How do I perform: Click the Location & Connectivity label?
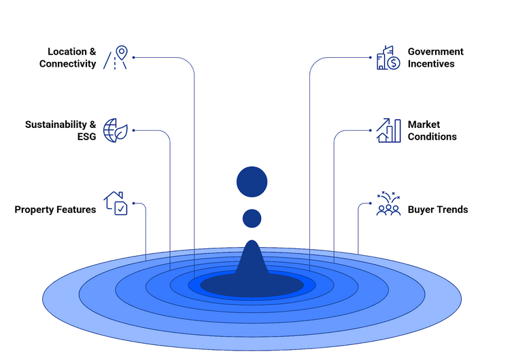pyautogui.click(x=68, y=58)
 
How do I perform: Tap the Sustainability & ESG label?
pyautogui.click(x=61, y=131)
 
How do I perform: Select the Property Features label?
pyautogui.click(x=55, y=210)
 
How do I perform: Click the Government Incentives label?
pyautogui.click(x=435, y=58)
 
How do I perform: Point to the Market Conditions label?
pyautogui.click(x=432, y=131)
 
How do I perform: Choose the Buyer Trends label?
pyautogui.click(x=437, y=210)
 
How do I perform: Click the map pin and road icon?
pyautogui.click(x=116, y=58)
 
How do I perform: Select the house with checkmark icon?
pyautogui.click(x=115, y=203)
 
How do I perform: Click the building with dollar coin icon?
pyautogui.click(x=388, y=58)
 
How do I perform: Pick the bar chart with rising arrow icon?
pyautogui.click(x=388, y=130)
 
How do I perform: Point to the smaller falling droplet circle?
pyautogui.click(x=252, y=218)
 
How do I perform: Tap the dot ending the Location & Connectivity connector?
pyautogui.click(x=134, y=57)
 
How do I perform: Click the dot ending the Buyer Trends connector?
pyautogui.click(x=371, y=203)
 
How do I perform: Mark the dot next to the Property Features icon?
pyautogui.click(x=134, y=203)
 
